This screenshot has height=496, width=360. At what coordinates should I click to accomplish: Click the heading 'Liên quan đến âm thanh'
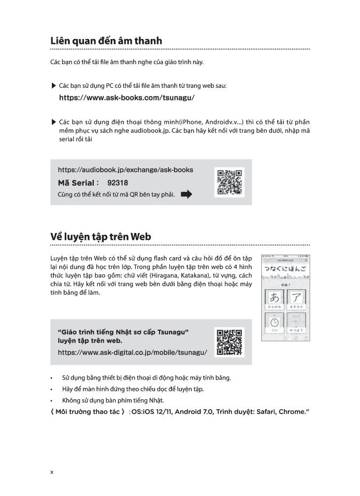point(106,41)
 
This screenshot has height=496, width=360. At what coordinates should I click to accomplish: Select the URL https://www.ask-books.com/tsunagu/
point(126,98)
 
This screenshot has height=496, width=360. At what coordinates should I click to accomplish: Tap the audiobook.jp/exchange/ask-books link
point(125,170)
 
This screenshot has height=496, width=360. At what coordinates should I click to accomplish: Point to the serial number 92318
point(117,183)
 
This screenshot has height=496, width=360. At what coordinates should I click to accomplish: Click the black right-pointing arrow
point(186,194)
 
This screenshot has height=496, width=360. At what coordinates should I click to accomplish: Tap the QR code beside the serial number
point(230,182)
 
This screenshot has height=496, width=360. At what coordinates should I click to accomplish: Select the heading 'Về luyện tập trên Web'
point(101,237)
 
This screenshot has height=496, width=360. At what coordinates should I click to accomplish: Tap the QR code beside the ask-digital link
point(230,342)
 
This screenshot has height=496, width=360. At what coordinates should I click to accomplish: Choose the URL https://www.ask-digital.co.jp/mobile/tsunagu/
point(132,352)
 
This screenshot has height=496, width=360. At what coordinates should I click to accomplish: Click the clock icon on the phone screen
point(274,322)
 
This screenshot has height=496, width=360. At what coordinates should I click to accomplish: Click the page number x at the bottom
point(52,472)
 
